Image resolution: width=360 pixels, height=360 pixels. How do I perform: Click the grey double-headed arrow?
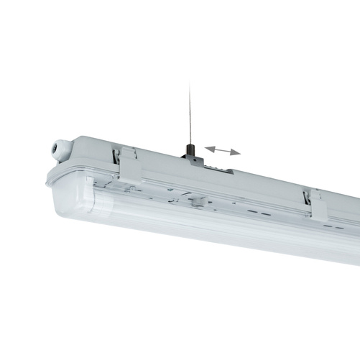click(222, 149)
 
